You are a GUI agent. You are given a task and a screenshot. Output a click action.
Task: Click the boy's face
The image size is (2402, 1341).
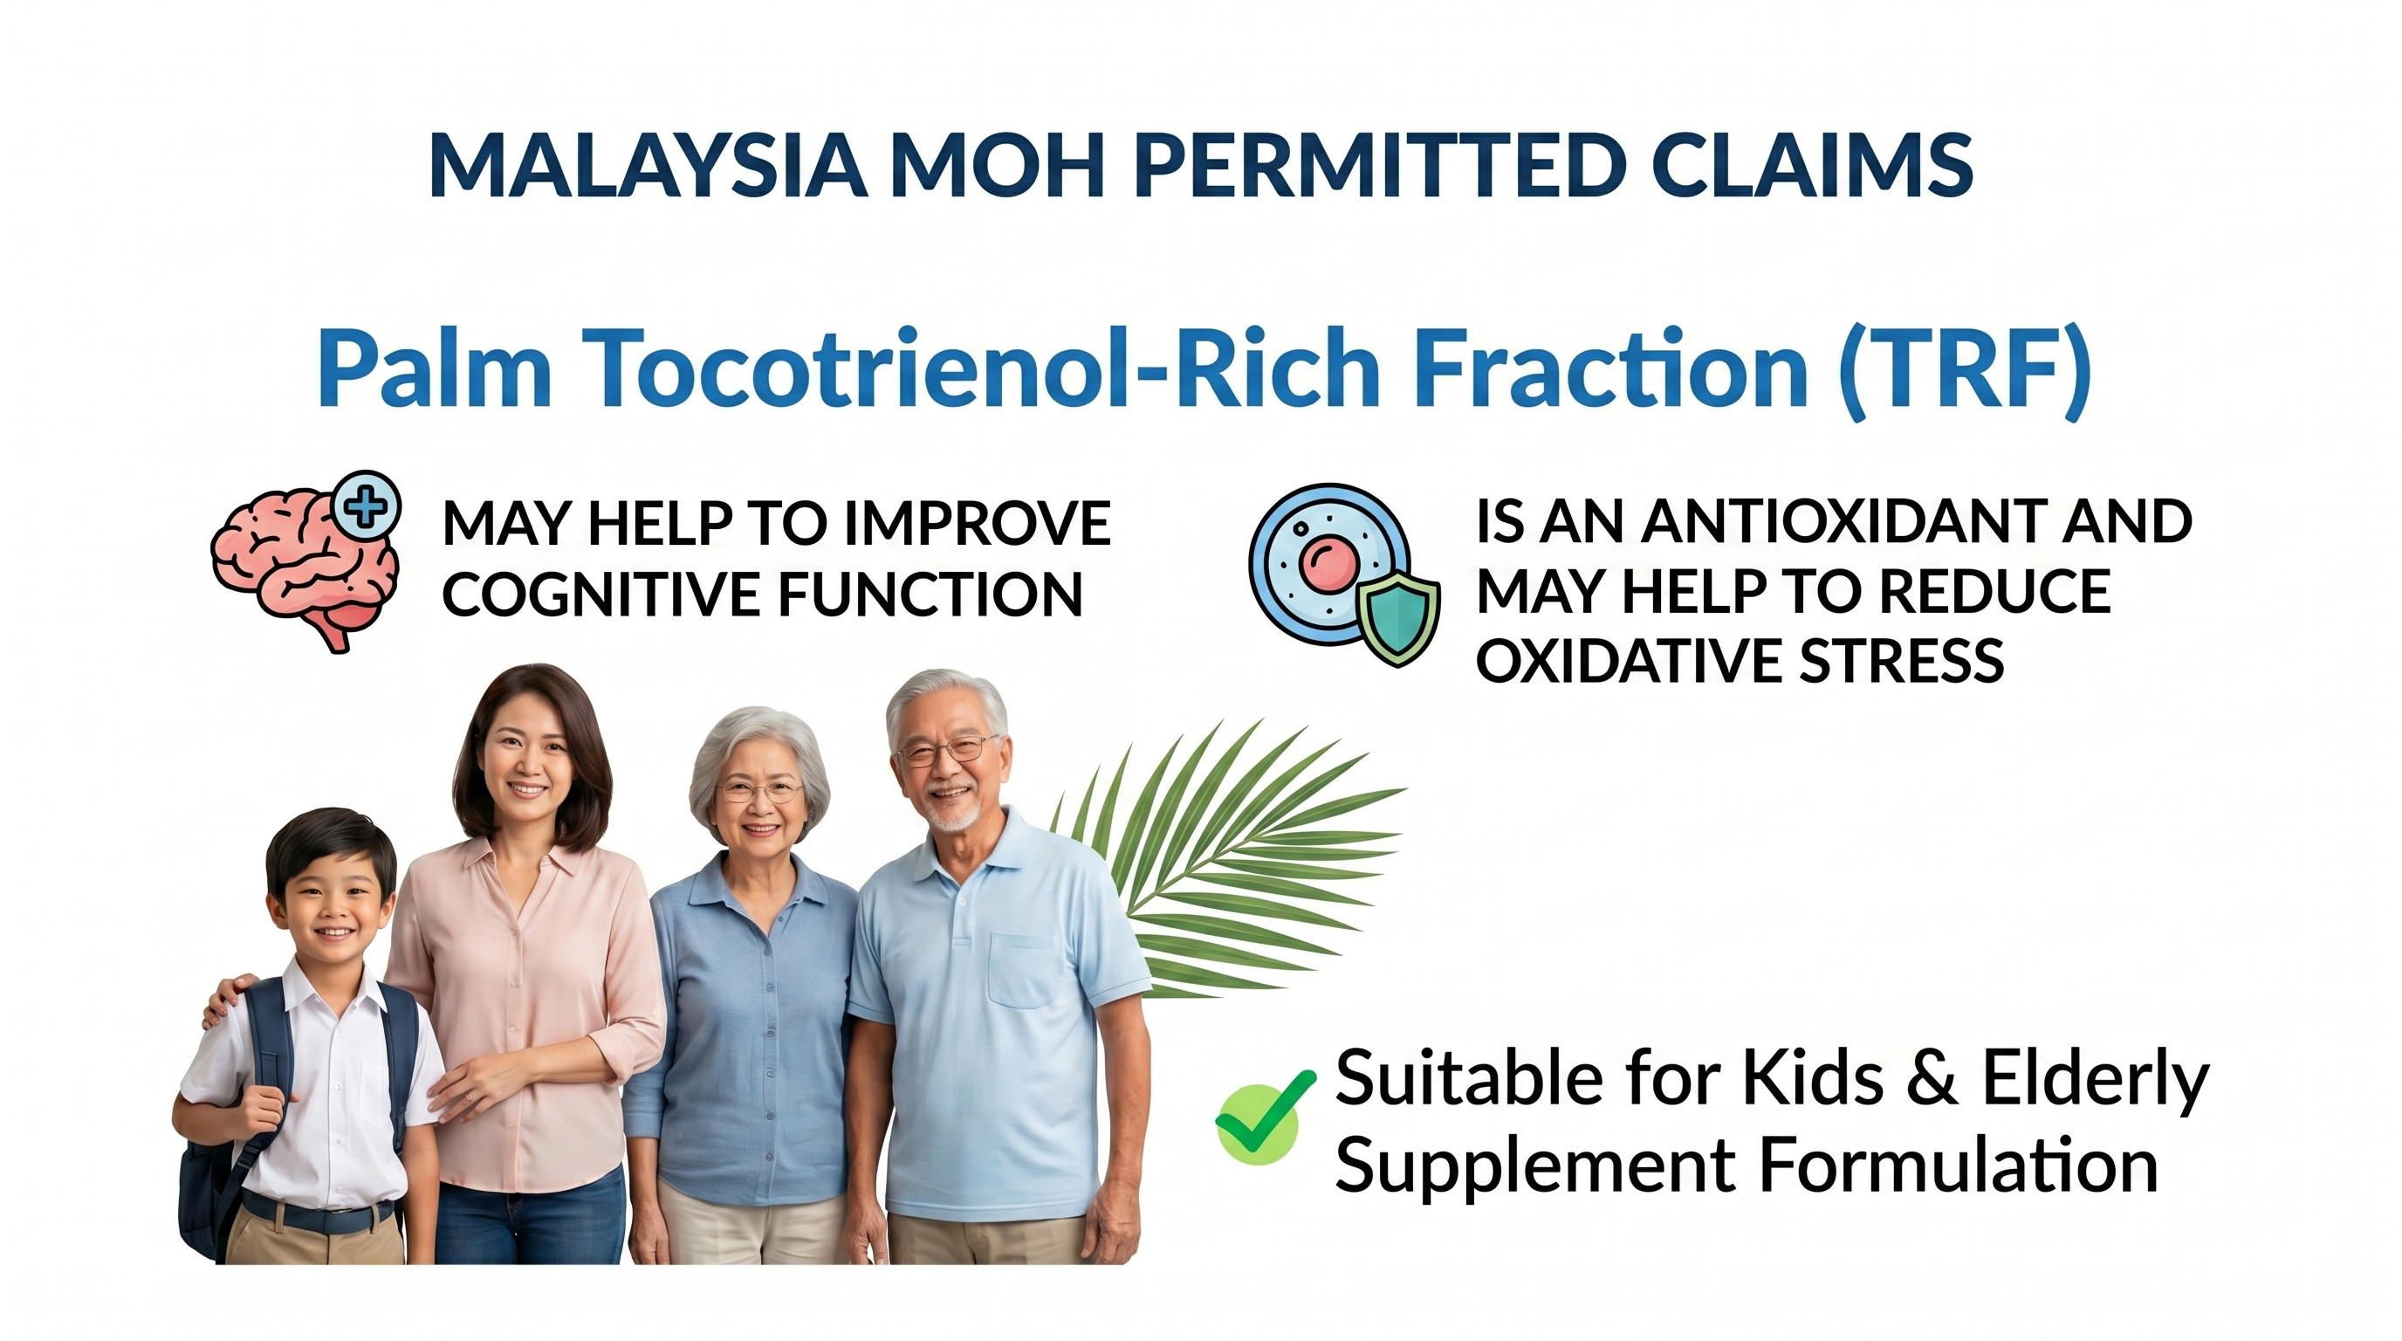click(x=332, y=904)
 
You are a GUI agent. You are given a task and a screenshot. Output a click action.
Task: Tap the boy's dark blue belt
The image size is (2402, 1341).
click(x=317, y=1214)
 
